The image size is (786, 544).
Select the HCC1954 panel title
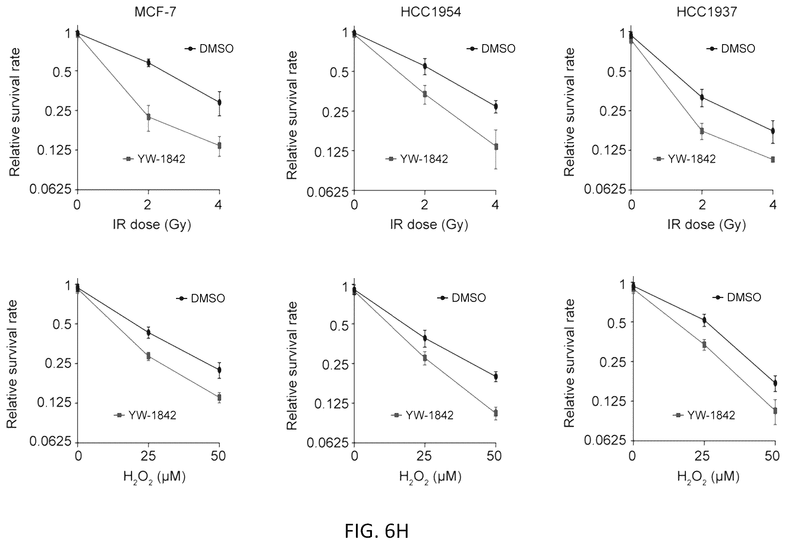(431, 12)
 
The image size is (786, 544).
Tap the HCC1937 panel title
(707, 12)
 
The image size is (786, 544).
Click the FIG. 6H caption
(377, 531)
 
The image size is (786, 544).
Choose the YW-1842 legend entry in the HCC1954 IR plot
(417, 159)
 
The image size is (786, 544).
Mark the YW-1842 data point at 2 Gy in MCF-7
(148, 117)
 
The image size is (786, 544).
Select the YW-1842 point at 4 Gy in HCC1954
(496, 147)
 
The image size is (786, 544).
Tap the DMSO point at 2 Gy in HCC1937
(702, 97)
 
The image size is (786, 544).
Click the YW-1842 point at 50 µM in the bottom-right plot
(775, 410)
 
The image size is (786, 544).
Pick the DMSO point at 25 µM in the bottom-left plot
(148, 332)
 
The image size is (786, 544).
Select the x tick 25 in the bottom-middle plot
(425, 456)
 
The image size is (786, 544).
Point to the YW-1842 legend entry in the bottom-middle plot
(422, 415)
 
